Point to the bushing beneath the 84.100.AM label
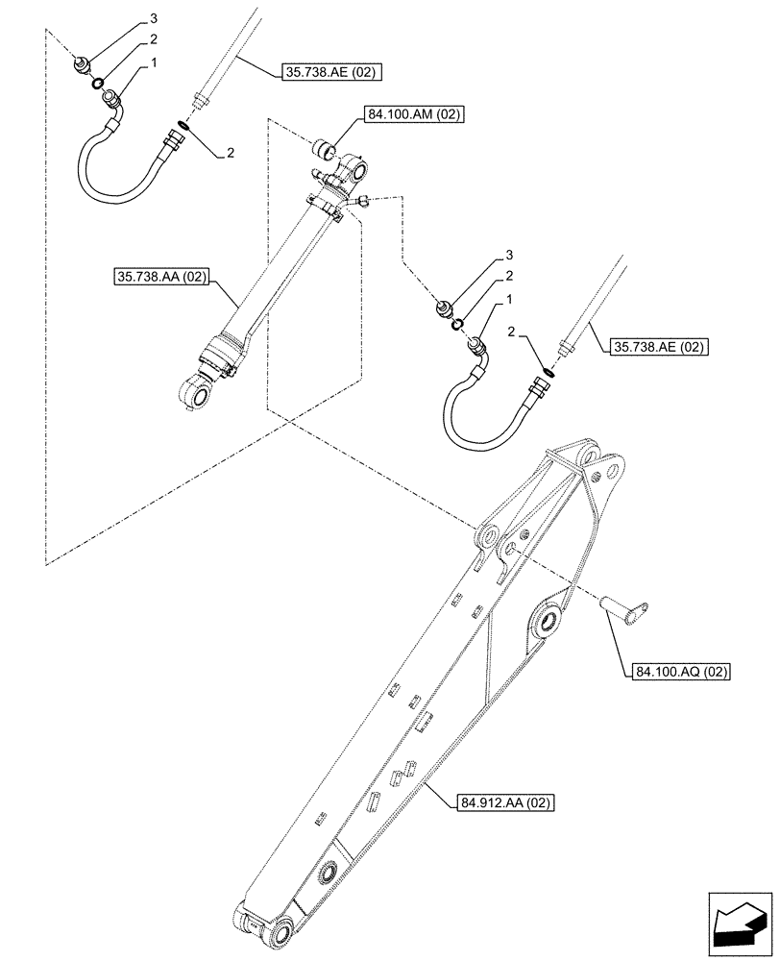325,150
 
